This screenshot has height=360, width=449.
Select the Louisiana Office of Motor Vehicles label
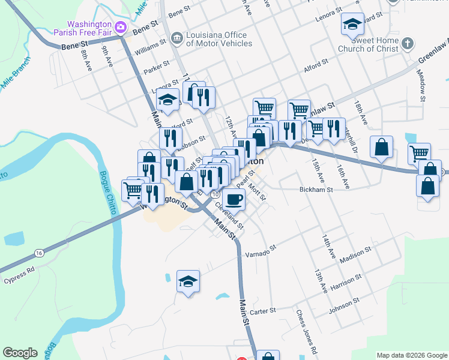[219, 39]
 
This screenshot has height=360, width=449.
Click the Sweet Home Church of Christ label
[368, 44]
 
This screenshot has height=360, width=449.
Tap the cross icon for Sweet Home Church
[408, 43]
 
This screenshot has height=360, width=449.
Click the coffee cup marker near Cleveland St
[234, 199]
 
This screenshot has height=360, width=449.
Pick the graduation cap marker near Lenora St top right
[352, 25]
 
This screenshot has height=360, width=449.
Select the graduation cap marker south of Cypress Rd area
[188, 281]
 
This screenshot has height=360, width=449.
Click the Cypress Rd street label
[18, 280]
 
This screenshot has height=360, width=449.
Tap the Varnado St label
[260, 250]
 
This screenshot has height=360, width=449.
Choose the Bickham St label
[316, 189]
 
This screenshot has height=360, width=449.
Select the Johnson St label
[344, 305]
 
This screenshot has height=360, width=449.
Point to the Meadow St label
[422, 84]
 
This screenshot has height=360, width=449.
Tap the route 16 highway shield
[39, 254]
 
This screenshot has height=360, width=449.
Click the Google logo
[20, 353]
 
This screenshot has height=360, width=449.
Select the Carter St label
[262, 311]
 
